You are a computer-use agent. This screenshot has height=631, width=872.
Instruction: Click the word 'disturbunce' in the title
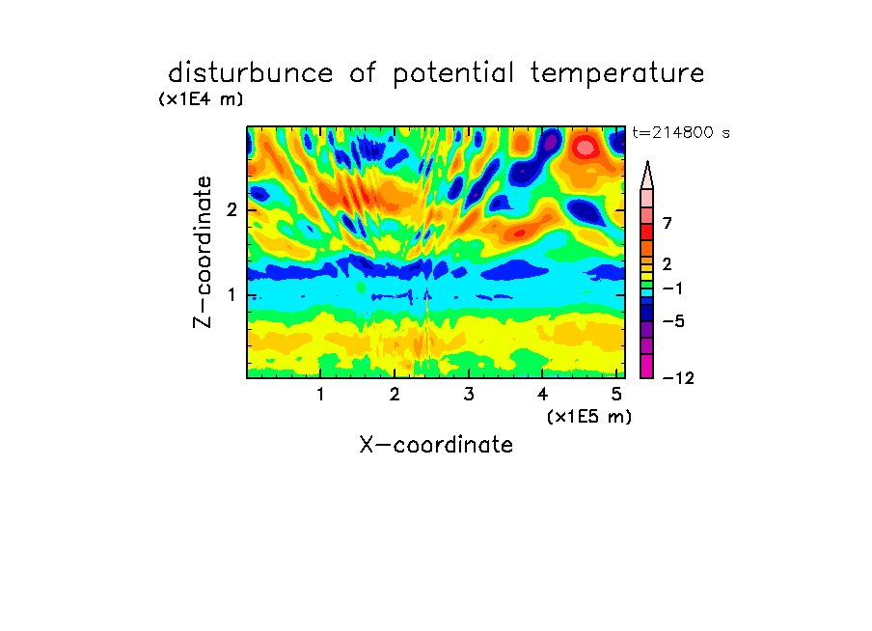point(251,73)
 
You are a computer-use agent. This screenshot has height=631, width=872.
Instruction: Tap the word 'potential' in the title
point(452,74)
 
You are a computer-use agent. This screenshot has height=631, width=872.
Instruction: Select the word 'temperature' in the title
point(617,74)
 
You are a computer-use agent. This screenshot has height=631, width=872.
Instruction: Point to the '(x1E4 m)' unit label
point(202,99)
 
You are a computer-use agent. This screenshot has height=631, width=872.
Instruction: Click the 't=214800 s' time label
point(681,132)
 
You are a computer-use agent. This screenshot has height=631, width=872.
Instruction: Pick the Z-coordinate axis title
point(202,252)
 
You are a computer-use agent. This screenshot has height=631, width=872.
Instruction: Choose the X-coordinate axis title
point(436,445)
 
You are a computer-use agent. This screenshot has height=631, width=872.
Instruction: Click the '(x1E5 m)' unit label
point(589,416)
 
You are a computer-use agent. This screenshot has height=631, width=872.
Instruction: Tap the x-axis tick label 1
point(320,394)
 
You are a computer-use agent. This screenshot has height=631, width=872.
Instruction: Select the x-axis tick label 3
point(469,394)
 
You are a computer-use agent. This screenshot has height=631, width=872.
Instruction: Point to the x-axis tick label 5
point(616,394)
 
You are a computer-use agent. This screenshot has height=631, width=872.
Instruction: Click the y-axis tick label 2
point(232,209)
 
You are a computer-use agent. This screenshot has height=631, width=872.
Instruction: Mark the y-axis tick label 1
point(232,294)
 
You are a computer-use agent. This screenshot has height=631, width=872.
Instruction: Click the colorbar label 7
point(668,223)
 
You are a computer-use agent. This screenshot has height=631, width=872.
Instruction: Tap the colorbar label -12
point(678,378)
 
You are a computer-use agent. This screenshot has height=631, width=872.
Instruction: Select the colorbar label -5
point(673,321)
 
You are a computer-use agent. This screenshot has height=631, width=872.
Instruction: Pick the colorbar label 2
point(668,263)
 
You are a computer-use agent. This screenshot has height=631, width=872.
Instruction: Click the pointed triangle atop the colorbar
point(647,175)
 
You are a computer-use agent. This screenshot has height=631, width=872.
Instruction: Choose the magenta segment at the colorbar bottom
point(647,366)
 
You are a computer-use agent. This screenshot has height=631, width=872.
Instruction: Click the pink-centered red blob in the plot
point(585,148)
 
